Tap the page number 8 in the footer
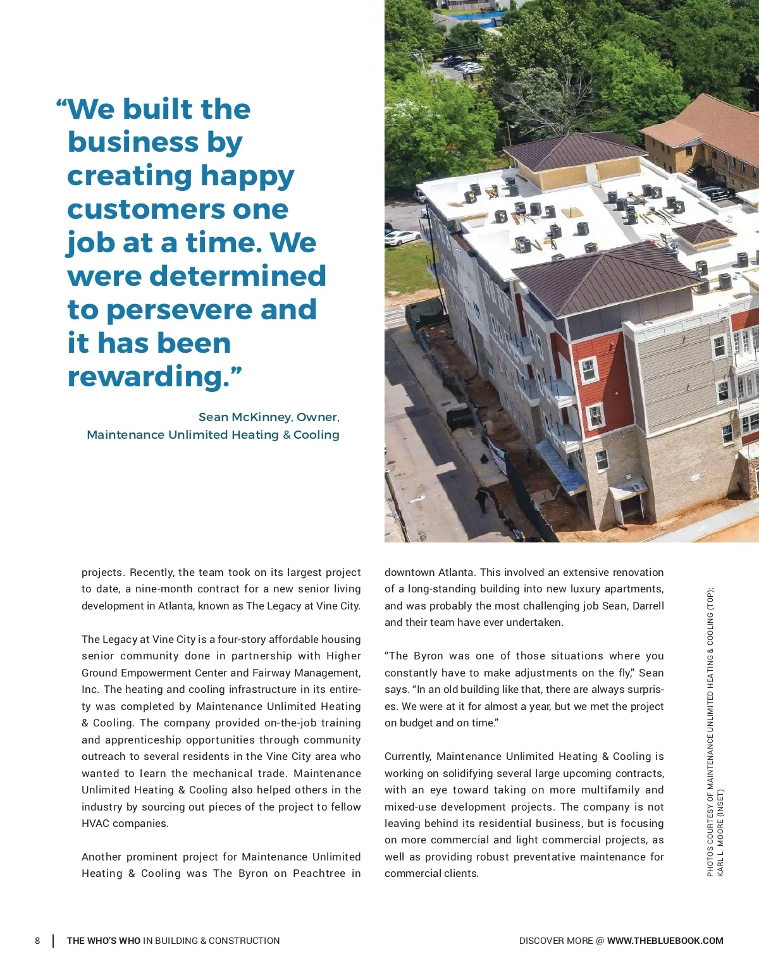(x=37, y=941)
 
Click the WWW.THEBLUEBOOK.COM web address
(x=665, y=941)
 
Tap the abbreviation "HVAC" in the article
(x=96, y=823)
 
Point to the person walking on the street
(x=483, y=499)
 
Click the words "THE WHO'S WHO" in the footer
(x=104, y=941)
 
